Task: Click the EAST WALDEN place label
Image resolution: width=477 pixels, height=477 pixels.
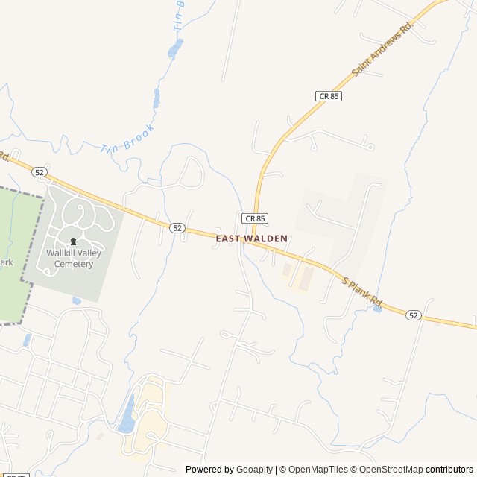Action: (252, 238)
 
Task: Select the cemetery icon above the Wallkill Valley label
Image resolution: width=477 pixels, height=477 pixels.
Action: (73, 241)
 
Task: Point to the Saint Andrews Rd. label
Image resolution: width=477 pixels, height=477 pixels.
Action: (382, 48)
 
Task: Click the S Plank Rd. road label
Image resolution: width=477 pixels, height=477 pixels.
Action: (362, 292)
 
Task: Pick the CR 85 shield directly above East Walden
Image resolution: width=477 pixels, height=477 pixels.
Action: (255, 218)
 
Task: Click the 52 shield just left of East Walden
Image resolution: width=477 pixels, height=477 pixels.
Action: (177, 227)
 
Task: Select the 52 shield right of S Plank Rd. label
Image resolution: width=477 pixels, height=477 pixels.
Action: (414, 315)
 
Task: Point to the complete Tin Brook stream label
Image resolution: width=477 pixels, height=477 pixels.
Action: (127, 139)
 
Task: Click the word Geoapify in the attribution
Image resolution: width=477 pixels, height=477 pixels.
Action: (255, 470)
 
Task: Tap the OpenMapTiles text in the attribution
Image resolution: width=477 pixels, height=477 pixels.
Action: (318, 470)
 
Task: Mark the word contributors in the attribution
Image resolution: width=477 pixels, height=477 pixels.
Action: (449, 470)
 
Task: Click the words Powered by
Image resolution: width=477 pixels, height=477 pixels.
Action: (209, 470)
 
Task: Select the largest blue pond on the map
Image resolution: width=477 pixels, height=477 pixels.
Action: (127, 414)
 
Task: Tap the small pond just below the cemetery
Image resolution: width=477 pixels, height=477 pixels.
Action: (77, 300)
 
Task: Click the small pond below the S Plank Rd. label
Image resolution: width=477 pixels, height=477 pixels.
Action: (377, 308)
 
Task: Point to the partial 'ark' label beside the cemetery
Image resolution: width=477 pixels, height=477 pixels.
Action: (6, 262)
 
